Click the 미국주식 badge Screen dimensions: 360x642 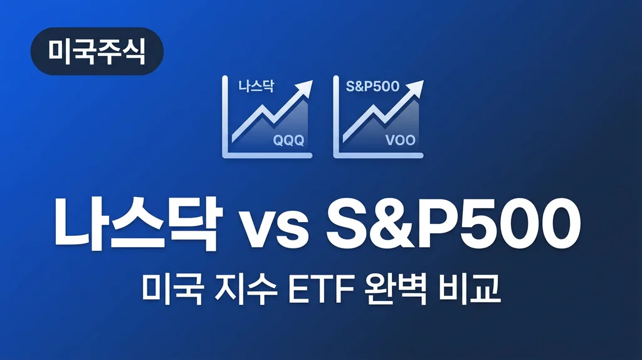tap(97, 51)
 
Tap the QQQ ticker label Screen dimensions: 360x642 tap(288, 140)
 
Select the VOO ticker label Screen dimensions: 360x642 tap(399, 140)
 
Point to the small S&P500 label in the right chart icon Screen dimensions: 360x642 tap(372, 87)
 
